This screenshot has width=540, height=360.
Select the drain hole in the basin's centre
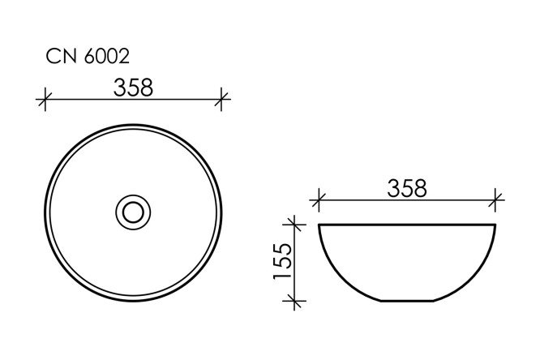tap(133, 213)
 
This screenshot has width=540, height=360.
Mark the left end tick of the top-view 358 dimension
tap(45, 101)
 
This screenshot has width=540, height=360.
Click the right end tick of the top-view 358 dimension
tap(222, 101)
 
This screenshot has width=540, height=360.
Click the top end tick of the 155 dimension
tap(295, 223)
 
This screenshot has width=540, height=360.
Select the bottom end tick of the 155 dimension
tap(295, 301)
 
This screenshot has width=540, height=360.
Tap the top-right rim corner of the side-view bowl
tap(495, 224)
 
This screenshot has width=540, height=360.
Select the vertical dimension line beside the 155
tap(295, 261)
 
